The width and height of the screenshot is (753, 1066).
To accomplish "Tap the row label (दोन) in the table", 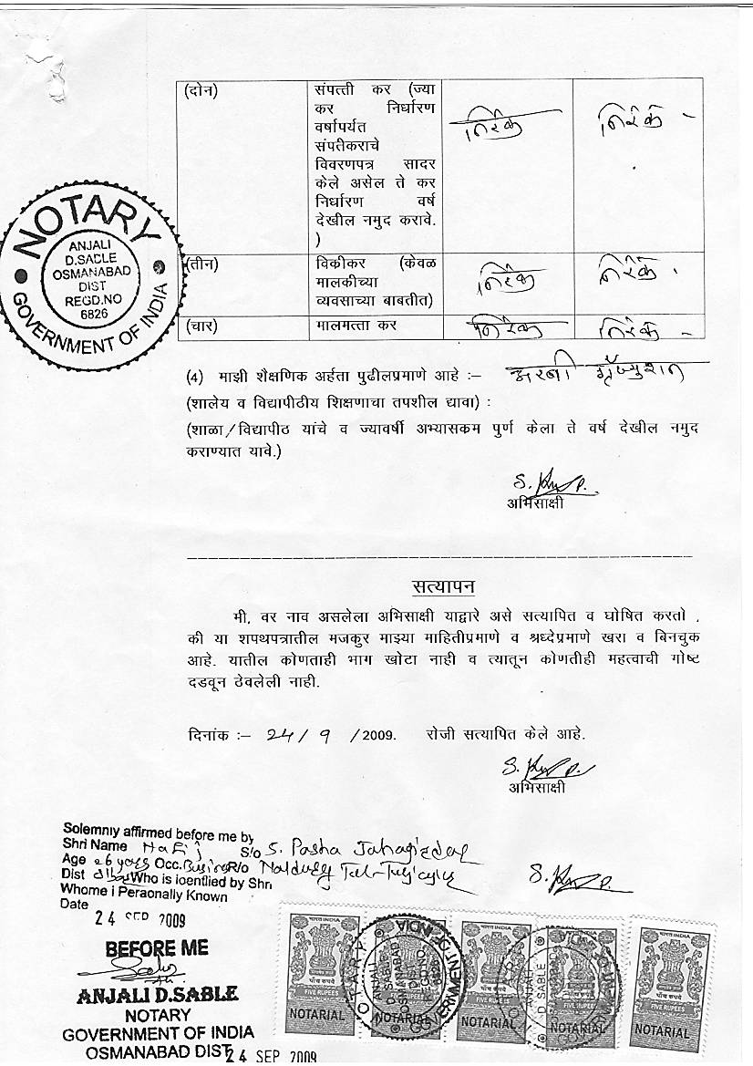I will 206,89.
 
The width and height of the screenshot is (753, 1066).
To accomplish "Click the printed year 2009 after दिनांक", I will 378,734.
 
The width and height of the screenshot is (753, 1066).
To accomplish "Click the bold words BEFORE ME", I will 157,948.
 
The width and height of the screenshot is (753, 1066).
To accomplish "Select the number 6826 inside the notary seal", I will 94,312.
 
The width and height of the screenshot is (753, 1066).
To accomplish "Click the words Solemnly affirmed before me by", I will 158,833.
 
